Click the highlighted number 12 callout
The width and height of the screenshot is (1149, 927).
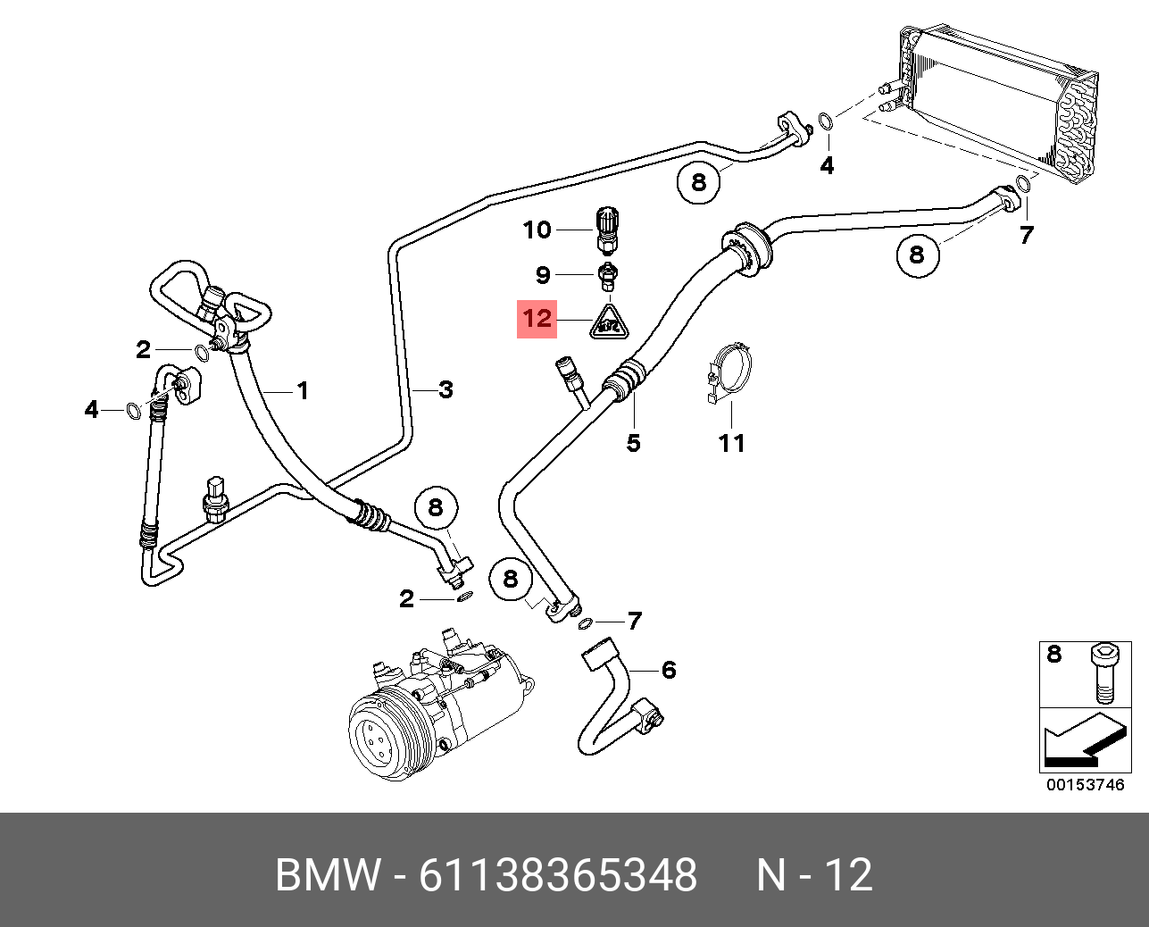pyautogui.click(x=537, y=319)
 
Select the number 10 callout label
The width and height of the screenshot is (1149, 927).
pyautogui.click(x=537, y=230)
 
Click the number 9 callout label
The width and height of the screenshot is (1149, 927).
pyautogui.click(x=543, y=275)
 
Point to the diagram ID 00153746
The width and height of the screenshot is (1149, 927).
pyautogui.click(x=1085, y=785)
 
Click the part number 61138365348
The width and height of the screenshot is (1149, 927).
pyautogui.click(x=558, y=874)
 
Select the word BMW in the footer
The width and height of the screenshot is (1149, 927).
pyautogui.click(x=327, y=874)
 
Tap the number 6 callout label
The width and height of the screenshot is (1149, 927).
pyautogui.click(x=669, y=670)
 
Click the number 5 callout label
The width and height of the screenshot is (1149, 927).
pyautogui.click(x=633, y=443)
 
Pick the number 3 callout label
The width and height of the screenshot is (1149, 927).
pyautogui.click(x=445, y=389)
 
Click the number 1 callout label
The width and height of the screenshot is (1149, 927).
pyautogui.click(x=303, y=390)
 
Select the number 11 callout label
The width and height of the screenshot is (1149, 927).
pyautogui.click(x=731, y=443)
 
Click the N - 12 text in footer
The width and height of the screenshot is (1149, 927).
pyautogui.click(x=814, y=874)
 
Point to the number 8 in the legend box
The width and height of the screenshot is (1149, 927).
pyautogui.click(x=1054, y=655)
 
